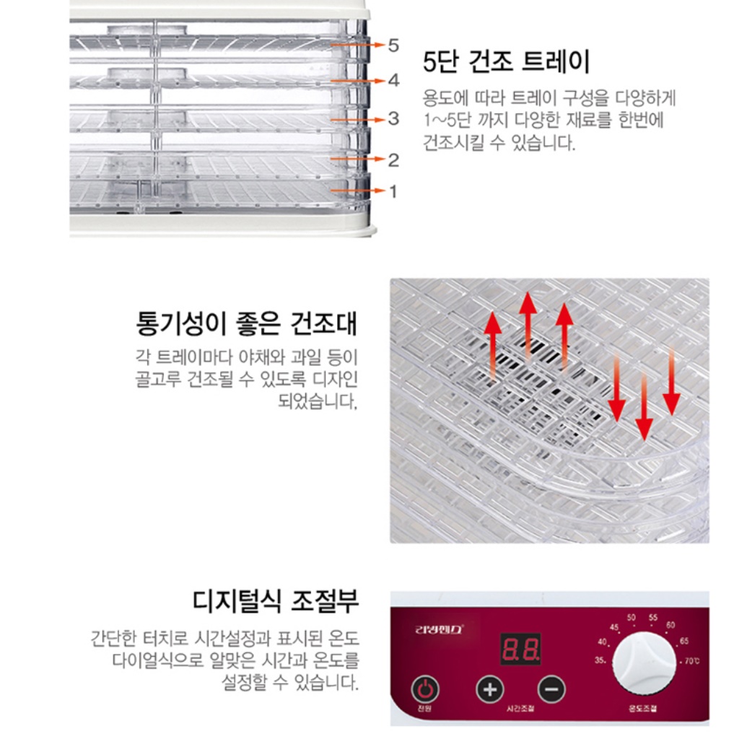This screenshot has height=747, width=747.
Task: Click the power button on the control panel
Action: click(x=425, y=689)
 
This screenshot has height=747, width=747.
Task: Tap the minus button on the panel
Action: click(x=551, y=689)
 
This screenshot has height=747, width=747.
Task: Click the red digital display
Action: click(x=520, y=650)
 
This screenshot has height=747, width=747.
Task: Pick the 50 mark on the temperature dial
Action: click(x=631, y=618)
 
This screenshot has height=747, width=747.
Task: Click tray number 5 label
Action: click(x=393, y=45)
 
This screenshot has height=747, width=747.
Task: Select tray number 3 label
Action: click(x=393, y=118)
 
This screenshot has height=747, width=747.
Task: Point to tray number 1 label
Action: click(x=393, y=191)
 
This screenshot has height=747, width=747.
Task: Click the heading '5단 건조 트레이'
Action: click(x=506, y=62)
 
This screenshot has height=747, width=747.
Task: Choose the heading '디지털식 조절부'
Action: click(x=276, y=599)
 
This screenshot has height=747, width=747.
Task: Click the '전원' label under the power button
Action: click(x=424, y=709)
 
